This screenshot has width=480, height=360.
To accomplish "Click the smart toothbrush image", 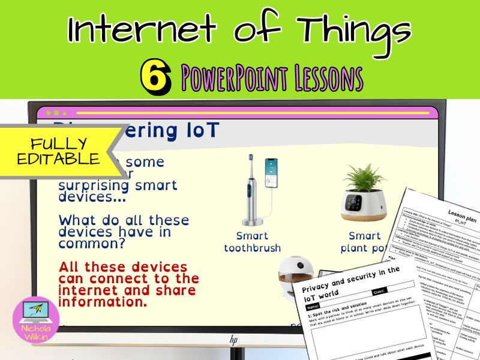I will (x=251, y=193).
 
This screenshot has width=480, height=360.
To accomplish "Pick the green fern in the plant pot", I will (x=364, y=179).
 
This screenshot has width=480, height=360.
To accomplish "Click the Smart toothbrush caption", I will (x=252, y=241).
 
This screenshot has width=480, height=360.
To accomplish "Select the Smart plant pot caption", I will (x=365, y=241).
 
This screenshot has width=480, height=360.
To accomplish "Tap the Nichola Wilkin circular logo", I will (x=36, y=320).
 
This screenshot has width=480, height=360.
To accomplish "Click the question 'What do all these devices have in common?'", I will (x=124, y=232).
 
